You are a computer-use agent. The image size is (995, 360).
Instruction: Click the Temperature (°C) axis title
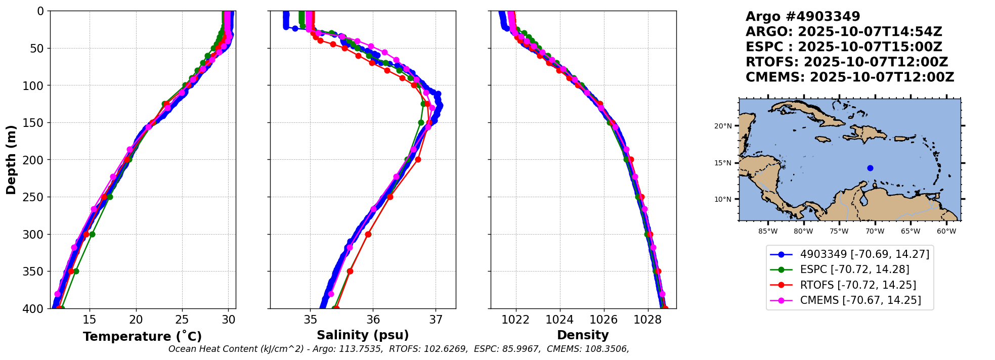[x=142, y=337]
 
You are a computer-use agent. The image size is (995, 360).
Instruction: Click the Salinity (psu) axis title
[x=363, y=335]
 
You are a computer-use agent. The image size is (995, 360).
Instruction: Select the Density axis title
[x=583, y=335]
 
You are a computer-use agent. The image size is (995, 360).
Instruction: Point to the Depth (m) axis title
[x=11, y=160]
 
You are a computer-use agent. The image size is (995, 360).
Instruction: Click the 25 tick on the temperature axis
[x=182, y=320]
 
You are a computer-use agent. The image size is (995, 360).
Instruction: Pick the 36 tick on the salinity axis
[x=373, y=320]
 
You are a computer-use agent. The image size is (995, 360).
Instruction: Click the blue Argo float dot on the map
[x=870, y=168]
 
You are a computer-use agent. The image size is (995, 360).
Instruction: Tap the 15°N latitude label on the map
[x=723, y=163]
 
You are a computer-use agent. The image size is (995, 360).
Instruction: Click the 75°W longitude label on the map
[x=839, y=232]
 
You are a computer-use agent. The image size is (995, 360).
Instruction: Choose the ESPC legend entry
[x=854, y=270]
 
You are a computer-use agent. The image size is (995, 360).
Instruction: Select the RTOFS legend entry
[x=858, y=285]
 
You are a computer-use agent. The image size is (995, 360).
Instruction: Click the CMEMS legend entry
[x=860, y=300]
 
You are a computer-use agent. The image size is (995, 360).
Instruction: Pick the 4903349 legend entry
[x=864, y=254]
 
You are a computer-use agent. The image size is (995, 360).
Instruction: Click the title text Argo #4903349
[x=802, y=17]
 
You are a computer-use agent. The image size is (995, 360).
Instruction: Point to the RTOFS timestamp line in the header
[x=846, y=62]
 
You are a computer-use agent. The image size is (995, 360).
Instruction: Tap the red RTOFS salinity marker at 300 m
[x=368, y=234]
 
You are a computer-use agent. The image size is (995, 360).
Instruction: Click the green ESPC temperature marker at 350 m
[x=76, y=271]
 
